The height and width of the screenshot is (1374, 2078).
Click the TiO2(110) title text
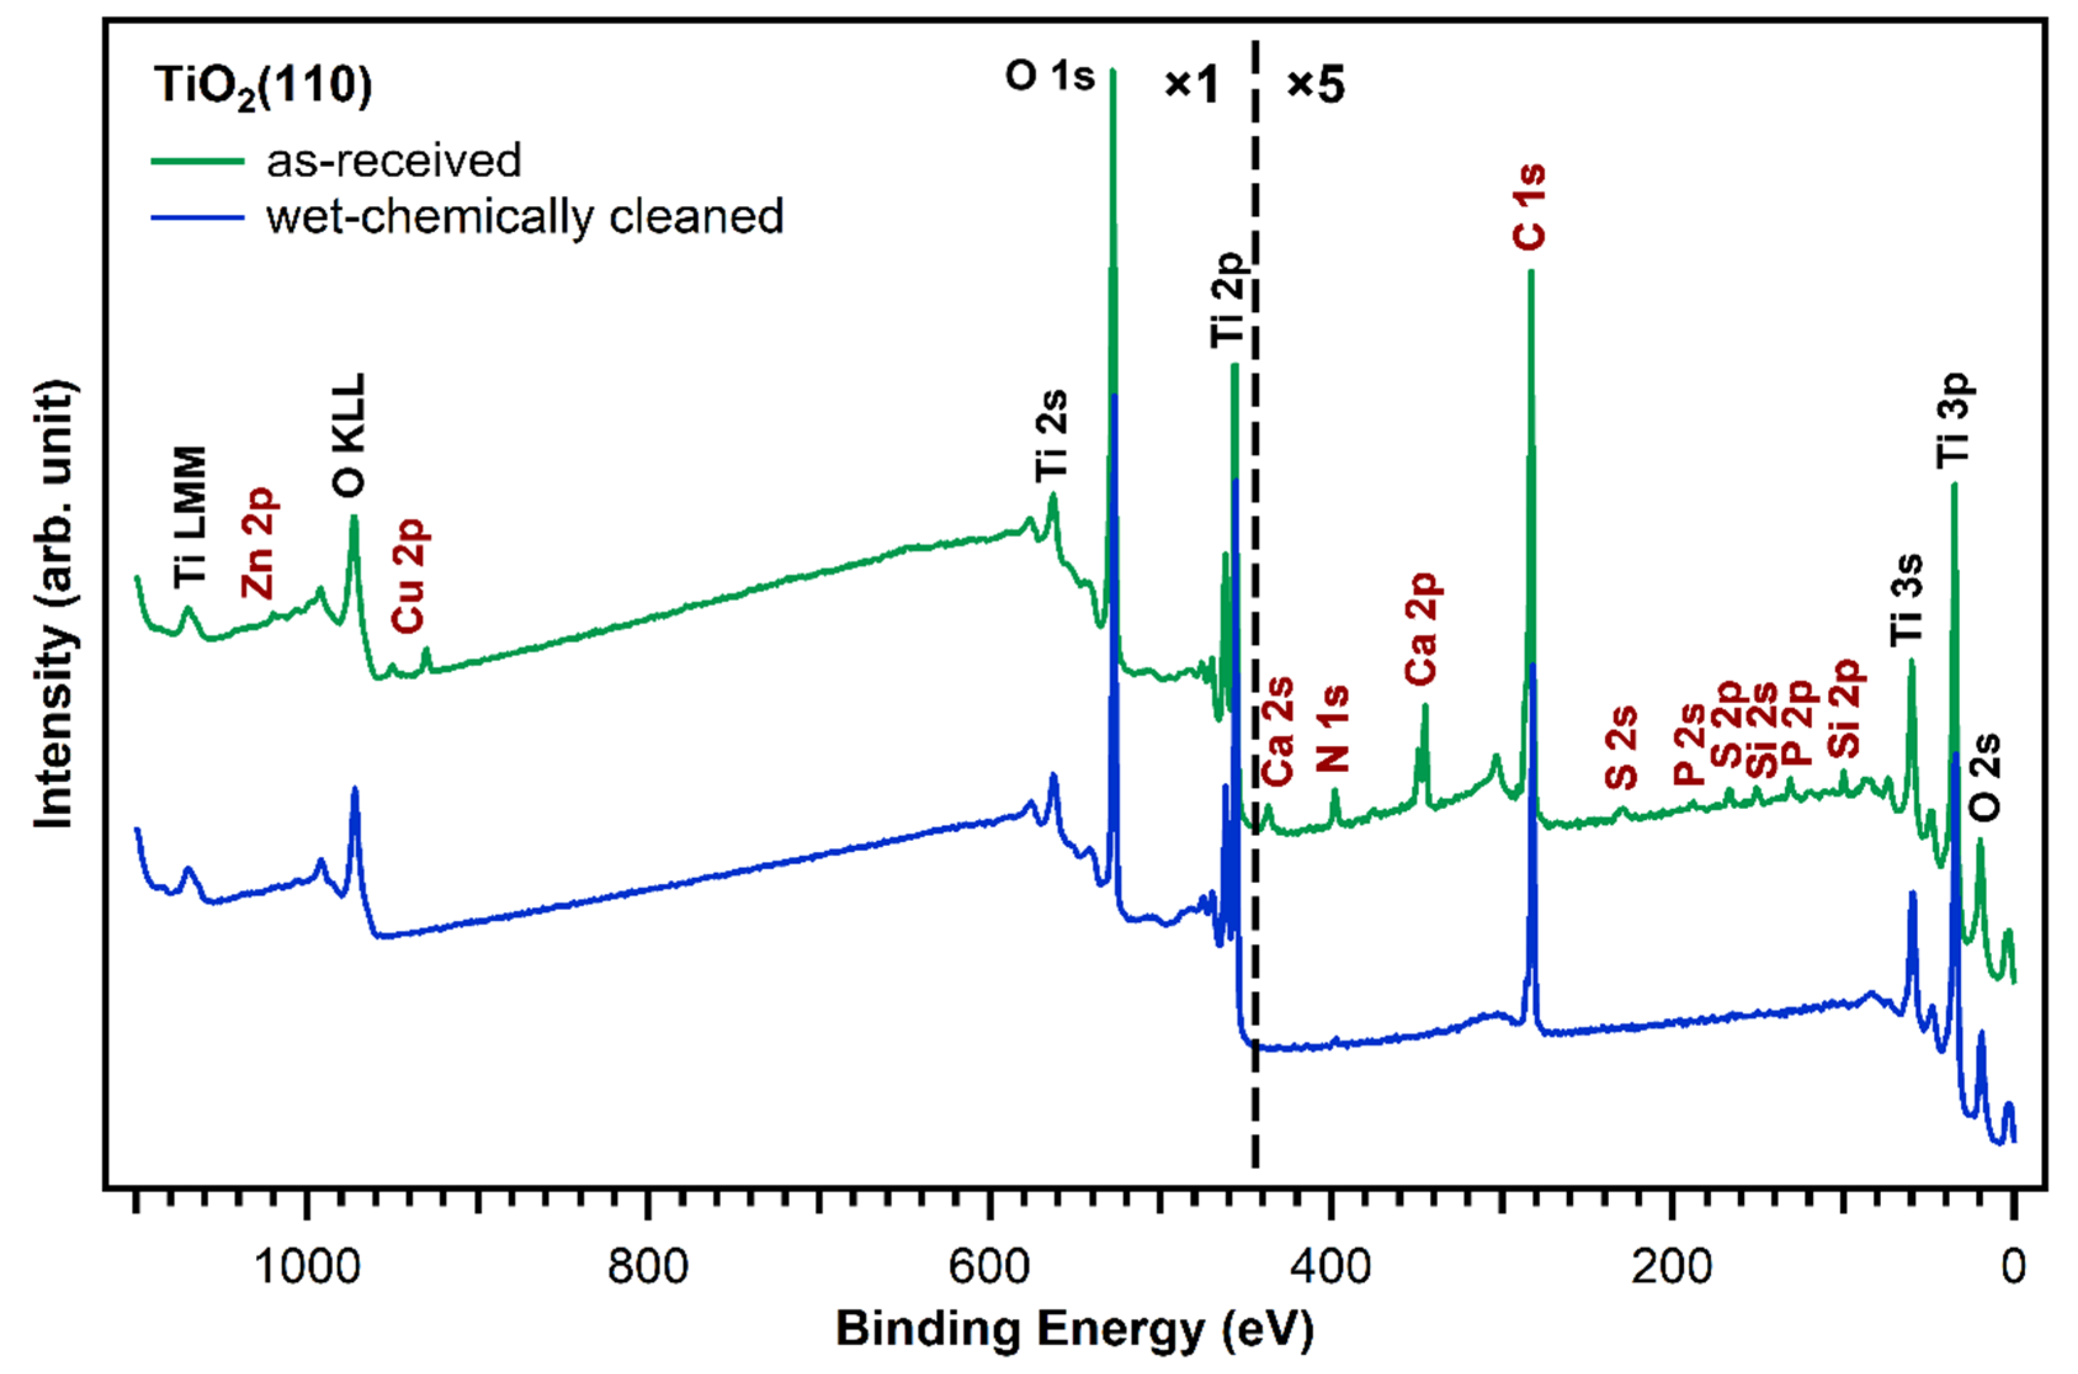[263, 87]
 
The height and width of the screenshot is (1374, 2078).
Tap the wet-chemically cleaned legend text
[524, 217]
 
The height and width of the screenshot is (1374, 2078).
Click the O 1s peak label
[1049, 76]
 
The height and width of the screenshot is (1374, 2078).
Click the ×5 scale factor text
[1315, 85]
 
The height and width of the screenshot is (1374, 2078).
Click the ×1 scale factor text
[1191, 85]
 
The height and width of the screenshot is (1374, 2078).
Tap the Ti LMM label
[190, 517]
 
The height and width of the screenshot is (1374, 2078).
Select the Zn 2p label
[259, 544]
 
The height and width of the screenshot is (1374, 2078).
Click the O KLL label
[349, 435]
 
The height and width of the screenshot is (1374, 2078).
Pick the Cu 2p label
[409, 575]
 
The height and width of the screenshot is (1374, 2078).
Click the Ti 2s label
[1052, 435]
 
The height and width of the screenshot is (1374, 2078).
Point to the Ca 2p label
[1422, 629]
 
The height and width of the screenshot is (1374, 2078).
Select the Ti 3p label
[1954, 420]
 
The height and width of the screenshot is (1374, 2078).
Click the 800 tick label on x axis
[648, 1267]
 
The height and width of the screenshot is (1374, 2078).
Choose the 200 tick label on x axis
[1672, 1267]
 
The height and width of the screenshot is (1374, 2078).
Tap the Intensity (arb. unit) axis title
[54, 605]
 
